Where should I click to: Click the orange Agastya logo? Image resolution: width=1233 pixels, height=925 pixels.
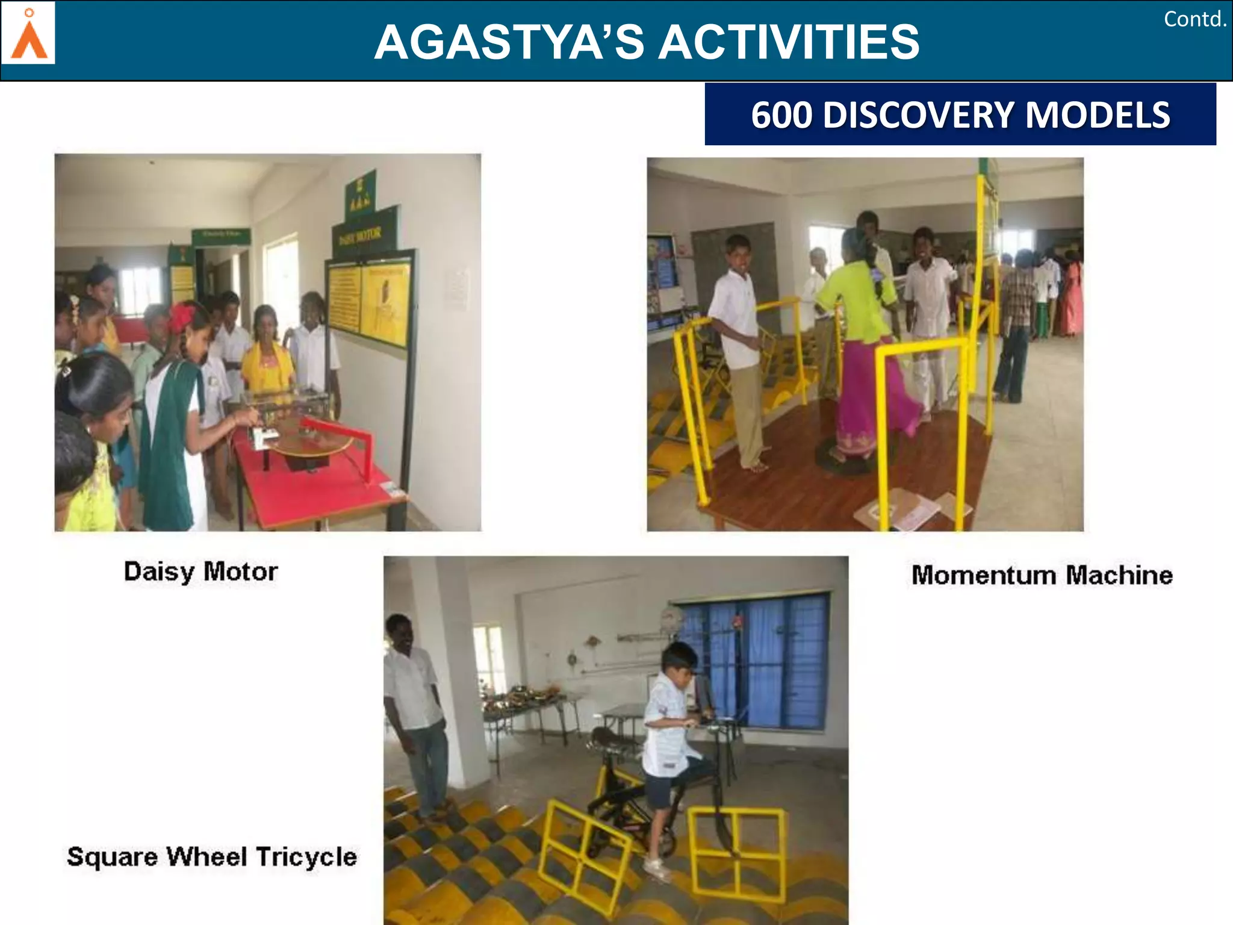pos(28,34)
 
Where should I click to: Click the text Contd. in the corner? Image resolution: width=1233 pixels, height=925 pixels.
pos(1194,19)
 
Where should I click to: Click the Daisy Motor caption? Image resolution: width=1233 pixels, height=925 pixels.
pos(200,572)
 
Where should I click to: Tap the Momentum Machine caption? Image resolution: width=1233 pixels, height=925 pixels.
pos(1042,575)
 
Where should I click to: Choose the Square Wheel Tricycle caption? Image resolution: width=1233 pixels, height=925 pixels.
pos(211,856)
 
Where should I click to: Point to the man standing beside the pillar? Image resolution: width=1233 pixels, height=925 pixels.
pos(415,711)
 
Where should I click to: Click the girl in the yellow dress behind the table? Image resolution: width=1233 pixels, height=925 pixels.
pos(267,355)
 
